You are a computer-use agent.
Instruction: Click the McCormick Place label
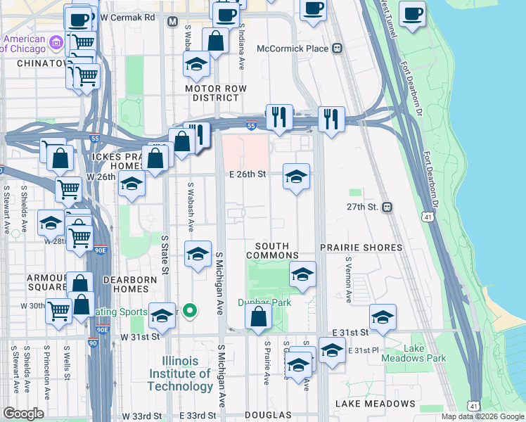coord(293,49)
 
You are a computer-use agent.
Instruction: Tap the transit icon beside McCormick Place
coord(337,49)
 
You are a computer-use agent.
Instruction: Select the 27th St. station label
coord(363,207)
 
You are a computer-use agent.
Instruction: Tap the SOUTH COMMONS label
coord(272,255)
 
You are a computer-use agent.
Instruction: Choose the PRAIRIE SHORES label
coord(361,248)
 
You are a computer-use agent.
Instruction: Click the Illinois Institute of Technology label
coord(180,373)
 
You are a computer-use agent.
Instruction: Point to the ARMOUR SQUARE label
coord(47,283)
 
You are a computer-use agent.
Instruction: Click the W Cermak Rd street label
coord(127,17)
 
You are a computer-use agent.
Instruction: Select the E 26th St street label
coord(246,175)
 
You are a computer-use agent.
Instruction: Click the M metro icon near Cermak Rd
coord(172,22)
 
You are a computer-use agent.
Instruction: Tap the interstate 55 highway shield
coord(251,126)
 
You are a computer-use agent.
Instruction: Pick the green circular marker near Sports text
coord(189,310)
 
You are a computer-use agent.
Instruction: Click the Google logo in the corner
coord(23,414)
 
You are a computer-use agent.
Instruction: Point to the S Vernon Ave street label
coord(348,280)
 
